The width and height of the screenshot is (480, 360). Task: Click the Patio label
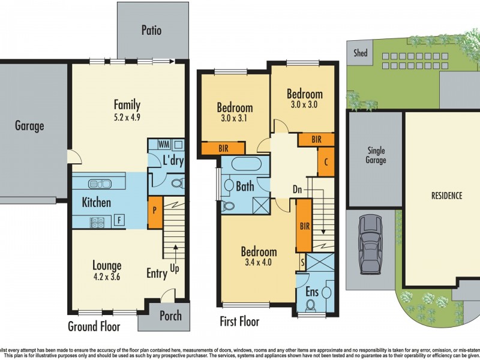click(151, 30)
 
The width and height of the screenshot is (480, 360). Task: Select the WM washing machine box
click(163, 145)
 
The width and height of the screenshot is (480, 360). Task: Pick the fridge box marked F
click(120, 221)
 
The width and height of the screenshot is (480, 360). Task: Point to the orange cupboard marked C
click(326, 161)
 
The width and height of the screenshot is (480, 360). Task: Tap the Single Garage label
click(376, 155)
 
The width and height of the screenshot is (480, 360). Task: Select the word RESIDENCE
click(446, 196)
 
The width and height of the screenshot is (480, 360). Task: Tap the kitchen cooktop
click(97, 221)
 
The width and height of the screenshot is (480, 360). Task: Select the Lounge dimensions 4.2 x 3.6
click(107, 277)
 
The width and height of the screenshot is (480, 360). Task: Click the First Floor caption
click(239, 322)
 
